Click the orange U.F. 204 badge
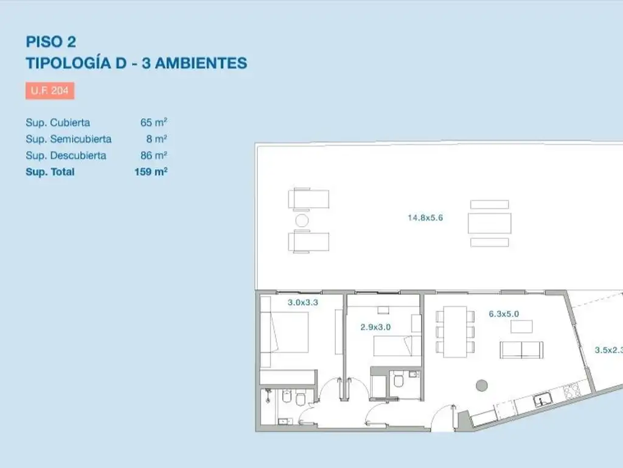[x=50, y=91]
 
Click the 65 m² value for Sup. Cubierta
[x=153, y=122]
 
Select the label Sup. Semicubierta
[x=68, y=139]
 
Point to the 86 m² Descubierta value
[x=153, y=155]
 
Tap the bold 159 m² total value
[x=150, y=172]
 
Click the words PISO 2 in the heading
[x=50, y=41]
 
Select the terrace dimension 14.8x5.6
[x=425, y=217]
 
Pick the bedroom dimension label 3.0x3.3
[x=303, y=302]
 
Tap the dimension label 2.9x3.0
[x=375, y=327]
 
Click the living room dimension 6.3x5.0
[x=504, y=314]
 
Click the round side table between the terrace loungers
[x=302, y=220]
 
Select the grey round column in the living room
[x=481, y=385]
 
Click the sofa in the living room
[x=521, y=349]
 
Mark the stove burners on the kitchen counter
[x=573, y=391]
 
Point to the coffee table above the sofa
[x=521, y=327]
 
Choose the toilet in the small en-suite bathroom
[x=399, y=382]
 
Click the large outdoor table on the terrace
[x=489, y=223]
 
